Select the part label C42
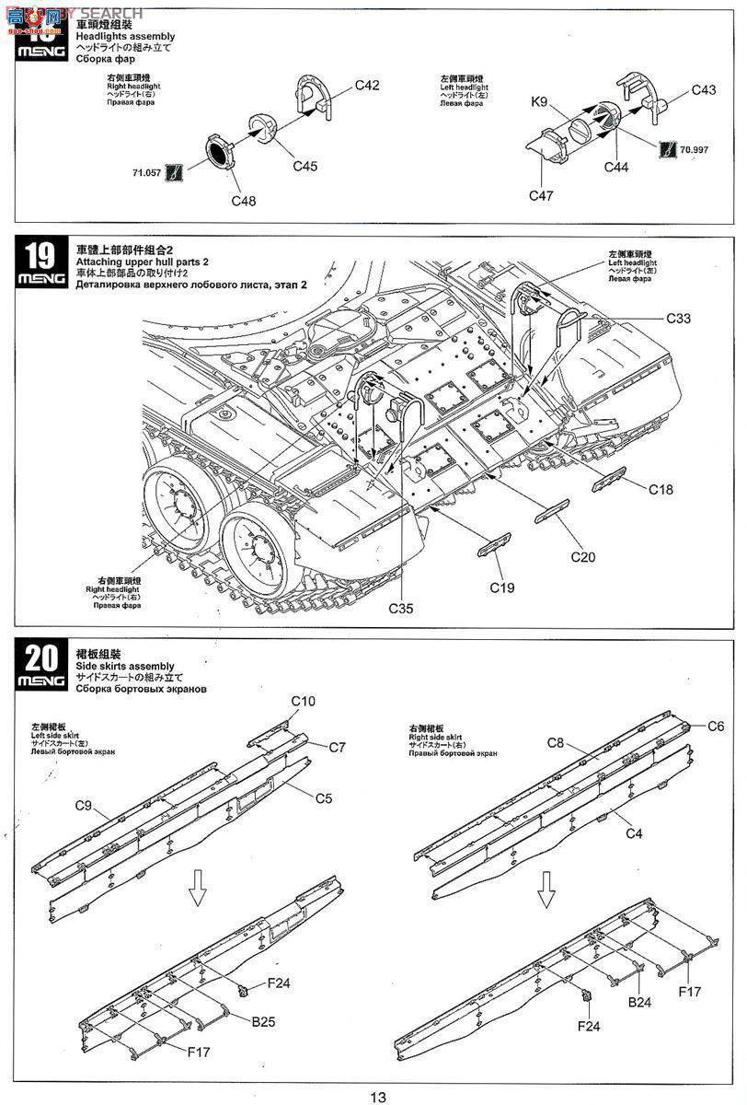coord(367,86)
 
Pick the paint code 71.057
coord(147,171)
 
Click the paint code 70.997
coord(695,149)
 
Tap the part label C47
coord(542,195)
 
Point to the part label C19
coord(502,587)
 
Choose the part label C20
coord(583,556)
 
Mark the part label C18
coord(661,490)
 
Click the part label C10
coord(304,701)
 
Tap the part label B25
coord(264,1020)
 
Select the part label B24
coord(640,1003)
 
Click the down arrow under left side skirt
coord(196,886)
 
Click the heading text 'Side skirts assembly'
coord(125,666)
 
